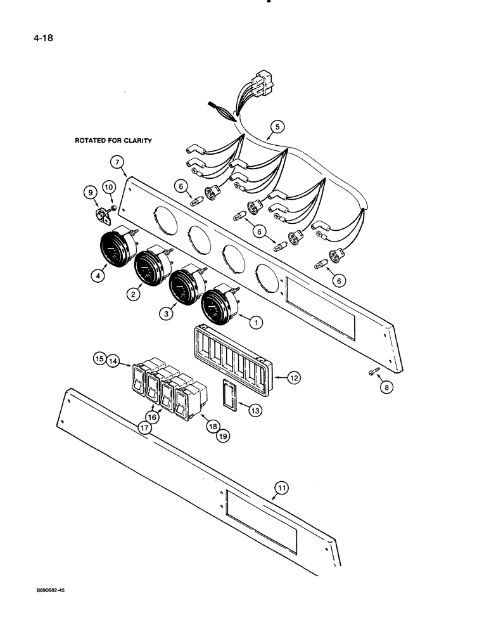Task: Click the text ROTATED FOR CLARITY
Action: [x=113, y=141]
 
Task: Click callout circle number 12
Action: [x=293, y=377]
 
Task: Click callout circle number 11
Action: [x=282, y=488]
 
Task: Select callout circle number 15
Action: [x=99, y=359]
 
